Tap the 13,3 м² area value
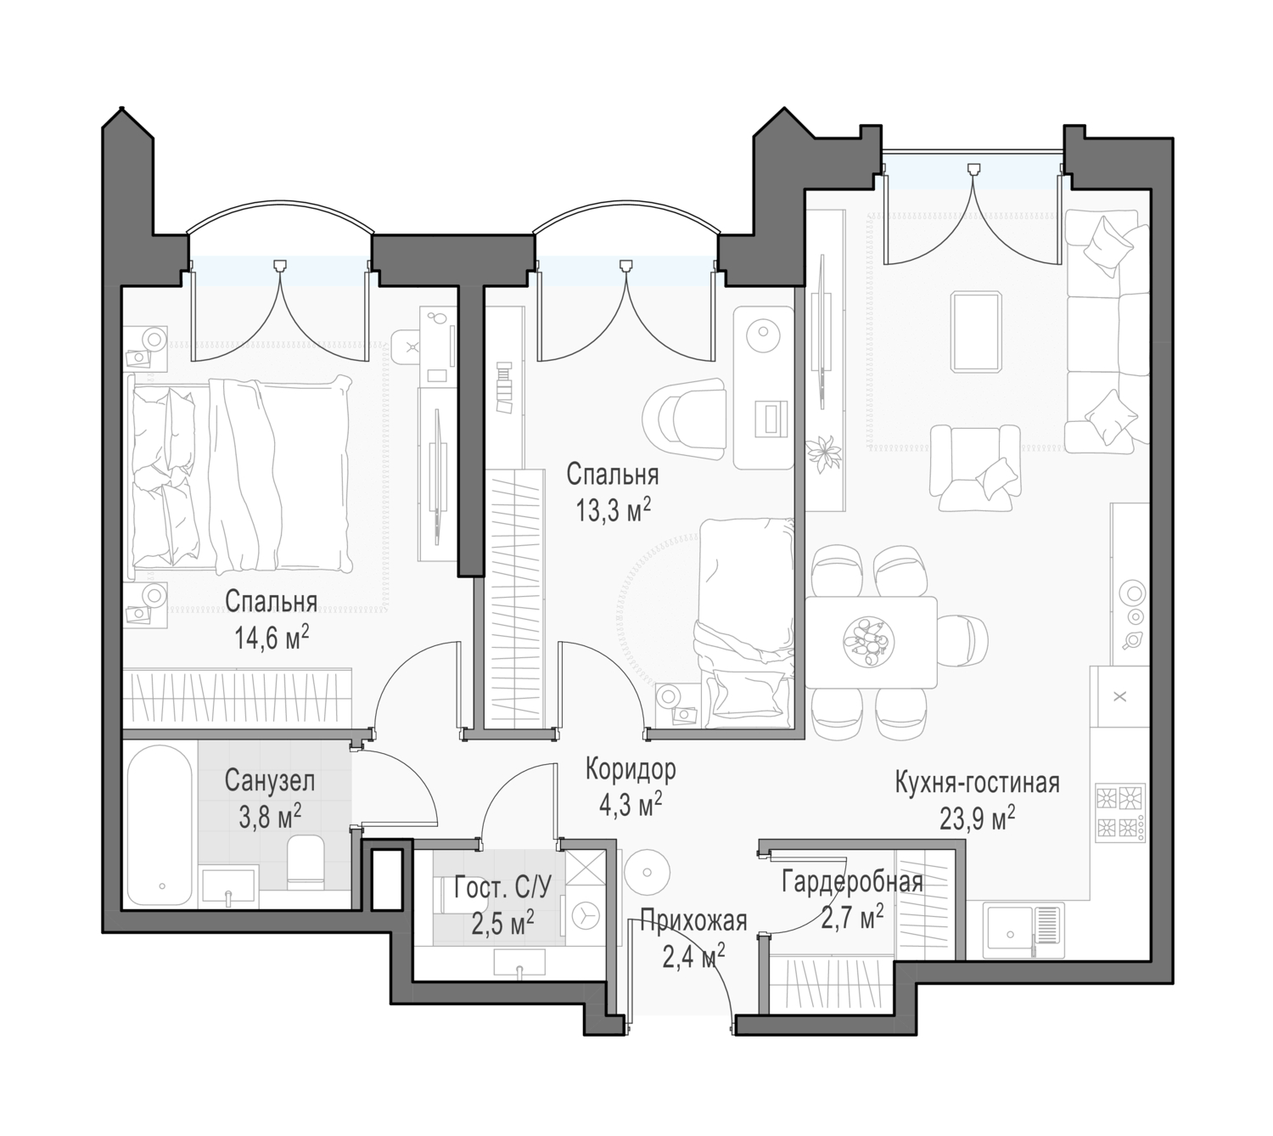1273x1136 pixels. [613, 510]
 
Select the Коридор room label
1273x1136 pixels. [631, 769]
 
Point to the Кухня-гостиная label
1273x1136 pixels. [977, 784]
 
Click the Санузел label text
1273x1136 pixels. [270, 781]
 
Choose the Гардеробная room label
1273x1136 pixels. [852, 882]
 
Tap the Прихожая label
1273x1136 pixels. [693, 921]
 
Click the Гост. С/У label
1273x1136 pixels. [502, 887]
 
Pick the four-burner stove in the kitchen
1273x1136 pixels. [1120, 813]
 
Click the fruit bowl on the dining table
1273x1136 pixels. [867, 642]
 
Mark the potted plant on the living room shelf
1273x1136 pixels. [823, 454]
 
